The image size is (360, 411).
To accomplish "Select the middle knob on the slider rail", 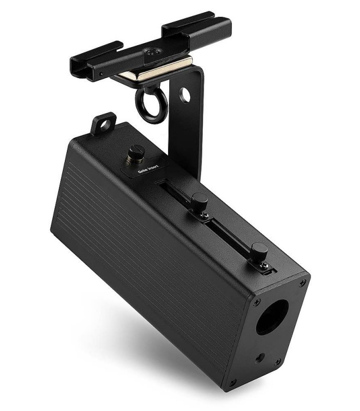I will coord(200,200).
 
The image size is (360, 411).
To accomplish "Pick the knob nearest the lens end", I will coord(259,251).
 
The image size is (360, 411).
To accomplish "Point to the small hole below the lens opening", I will coord(264,356).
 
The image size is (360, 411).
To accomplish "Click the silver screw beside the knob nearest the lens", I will coord(264,264).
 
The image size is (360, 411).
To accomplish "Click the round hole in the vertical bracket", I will coord(185,96).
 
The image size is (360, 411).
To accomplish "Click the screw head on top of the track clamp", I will coord(154,52).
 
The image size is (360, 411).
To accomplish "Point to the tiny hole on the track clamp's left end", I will coord(101,73).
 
